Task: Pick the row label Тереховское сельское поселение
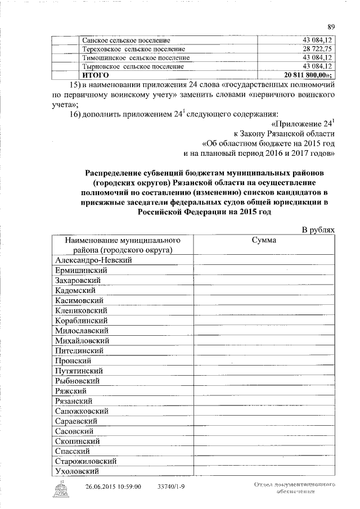click(134, 49)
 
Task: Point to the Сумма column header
click(264, 240)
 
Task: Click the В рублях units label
click(318, 229)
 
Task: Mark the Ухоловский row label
click(78, 471)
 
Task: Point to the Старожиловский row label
click(86, 461)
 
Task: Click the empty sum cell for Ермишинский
click(264, 271)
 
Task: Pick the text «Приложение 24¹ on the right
click(303, 123)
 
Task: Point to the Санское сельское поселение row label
click(127, 40)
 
